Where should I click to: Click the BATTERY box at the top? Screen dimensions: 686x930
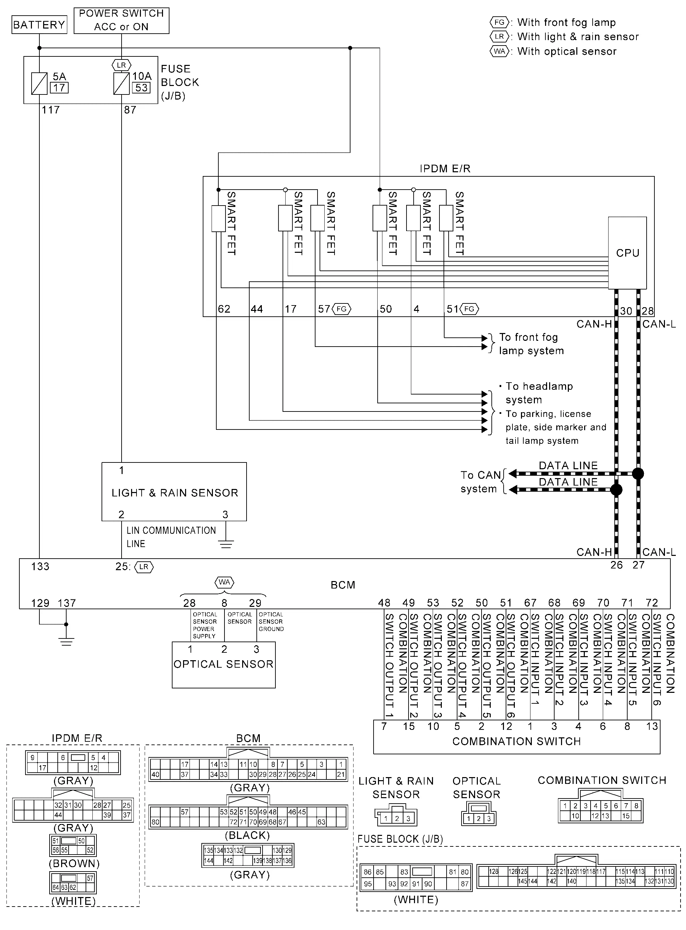click(39, 24)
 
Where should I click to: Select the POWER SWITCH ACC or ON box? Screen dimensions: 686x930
click(121, 20)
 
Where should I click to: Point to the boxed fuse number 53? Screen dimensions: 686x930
click(142, 88)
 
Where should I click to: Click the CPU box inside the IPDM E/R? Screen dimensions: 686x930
click(627, 252)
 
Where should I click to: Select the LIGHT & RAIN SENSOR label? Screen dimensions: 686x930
click(175, 493)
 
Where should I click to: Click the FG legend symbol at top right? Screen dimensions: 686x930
click(499, 22)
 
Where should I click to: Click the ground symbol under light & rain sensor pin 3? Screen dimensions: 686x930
click(225, 543)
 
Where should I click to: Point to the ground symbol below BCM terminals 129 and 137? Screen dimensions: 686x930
click(66, 641)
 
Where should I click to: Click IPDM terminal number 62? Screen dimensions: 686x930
click(224, 309)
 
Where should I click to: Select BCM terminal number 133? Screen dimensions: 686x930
click(40, 566)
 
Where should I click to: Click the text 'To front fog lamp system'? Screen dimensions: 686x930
click(531, 344)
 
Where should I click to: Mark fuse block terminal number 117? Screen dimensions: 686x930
click(51, 110)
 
